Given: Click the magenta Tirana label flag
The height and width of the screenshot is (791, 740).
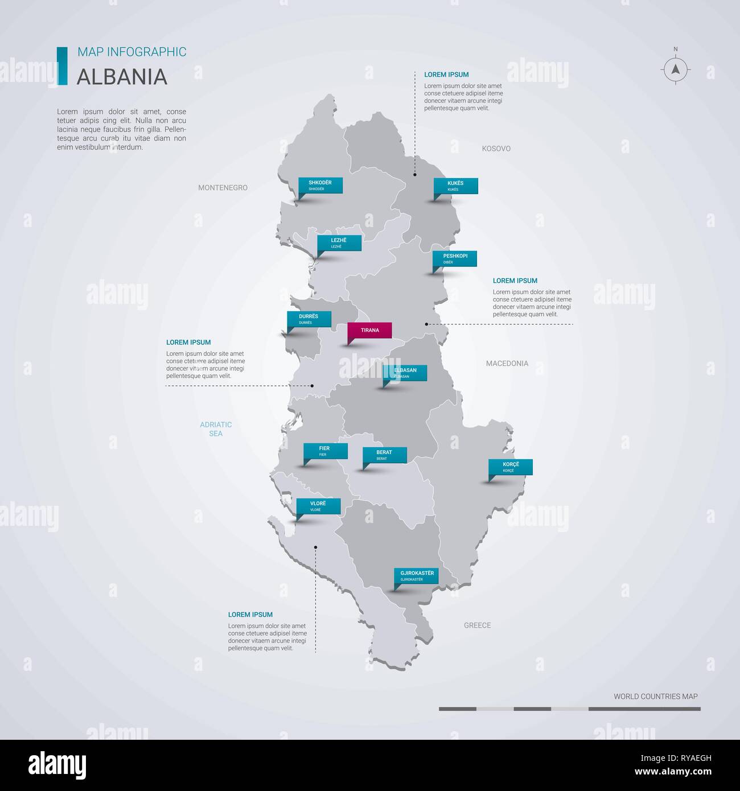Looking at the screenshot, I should [x=369, y=330].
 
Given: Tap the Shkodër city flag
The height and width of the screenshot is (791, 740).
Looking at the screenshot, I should [x=320, y=185].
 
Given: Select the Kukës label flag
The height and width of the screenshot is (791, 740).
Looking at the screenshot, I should [x=455, y=186].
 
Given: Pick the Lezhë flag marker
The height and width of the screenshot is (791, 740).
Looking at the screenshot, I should [x=339, y=243].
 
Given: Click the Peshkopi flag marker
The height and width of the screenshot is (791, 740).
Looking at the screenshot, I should [x=454, y=258].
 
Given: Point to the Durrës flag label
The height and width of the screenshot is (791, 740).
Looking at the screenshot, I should [x=309, y=319].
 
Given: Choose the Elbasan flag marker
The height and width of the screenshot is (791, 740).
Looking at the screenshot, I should [x=405, y=373].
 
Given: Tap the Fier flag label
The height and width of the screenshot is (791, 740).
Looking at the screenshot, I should [x=325, y=451].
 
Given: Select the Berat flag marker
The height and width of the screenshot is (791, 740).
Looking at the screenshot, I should [x=385, y=455].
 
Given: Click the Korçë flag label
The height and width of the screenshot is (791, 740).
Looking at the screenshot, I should [x=511, y=467].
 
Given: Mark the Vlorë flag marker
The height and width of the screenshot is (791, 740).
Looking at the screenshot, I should [x=318, y=506].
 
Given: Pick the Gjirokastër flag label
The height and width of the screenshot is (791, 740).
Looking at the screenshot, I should [x=417, y=575].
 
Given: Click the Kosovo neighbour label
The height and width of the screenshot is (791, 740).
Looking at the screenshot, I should [x=496, y=149].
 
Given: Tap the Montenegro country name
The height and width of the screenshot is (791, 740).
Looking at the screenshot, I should [x=223, y=187].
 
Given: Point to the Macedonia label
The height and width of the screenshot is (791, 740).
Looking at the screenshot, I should [x=507, y=363].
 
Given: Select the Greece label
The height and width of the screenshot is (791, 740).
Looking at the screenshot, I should [x=477, y=625].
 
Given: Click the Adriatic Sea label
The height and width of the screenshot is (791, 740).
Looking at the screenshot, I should [x=216, y=429].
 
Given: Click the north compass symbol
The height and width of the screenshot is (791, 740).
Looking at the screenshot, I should [x=676, y=69].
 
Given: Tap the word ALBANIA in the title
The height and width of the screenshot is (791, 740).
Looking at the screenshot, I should [x=122, y=76].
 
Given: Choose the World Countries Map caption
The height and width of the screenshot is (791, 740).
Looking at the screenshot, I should [x=655, y=696].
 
